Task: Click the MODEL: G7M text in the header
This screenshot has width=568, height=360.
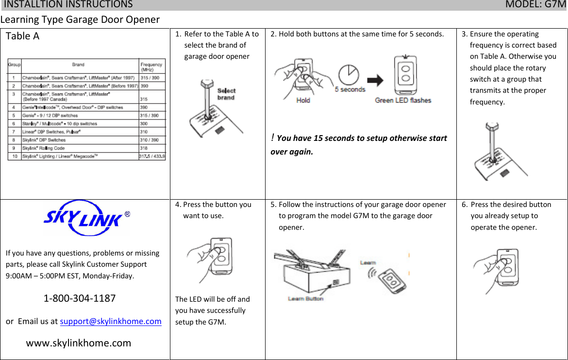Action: (x=535, y=5)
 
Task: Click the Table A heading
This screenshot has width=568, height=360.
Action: (x=22, y=36)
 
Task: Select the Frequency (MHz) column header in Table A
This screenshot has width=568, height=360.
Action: (x=151, y=67)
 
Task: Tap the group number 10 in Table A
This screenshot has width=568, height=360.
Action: (x=15, y=156)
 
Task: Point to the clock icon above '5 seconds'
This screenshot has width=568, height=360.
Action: (x=349, y=74)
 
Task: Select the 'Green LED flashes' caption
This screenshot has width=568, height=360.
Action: (x=402, y=101)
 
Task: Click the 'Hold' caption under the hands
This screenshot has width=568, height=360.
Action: (x=303, y=101)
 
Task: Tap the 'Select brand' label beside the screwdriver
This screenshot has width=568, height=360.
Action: (x=226, y=94)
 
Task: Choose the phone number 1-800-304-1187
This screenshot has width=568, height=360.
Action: (x=80, y=298)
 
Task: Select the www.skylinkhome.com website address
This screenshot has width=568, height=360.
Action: (x=79, y=343)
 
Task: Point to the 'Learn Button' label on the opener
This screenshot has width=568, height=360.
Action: (x=305, y=299)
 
